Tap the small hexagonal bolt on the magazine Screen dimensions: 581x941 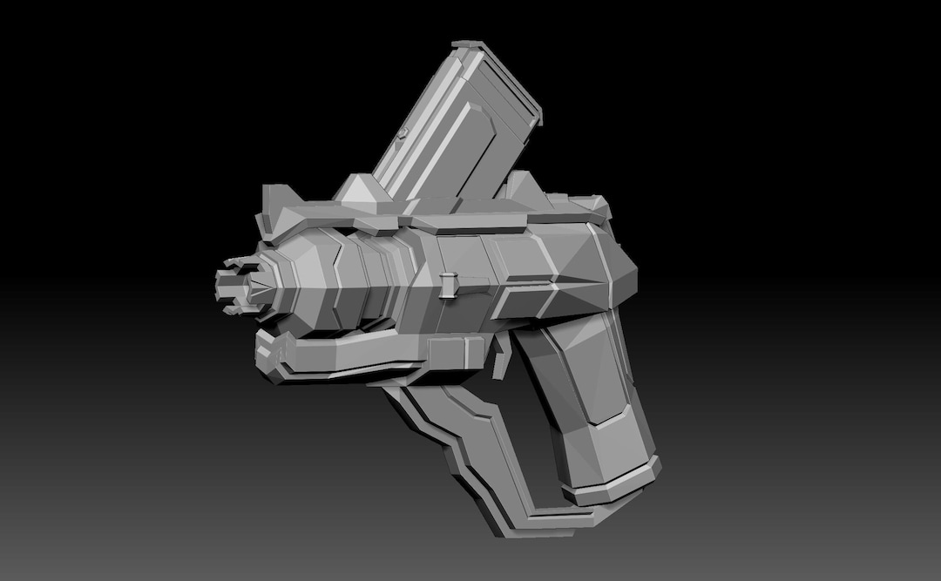(x=403, y=133)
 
